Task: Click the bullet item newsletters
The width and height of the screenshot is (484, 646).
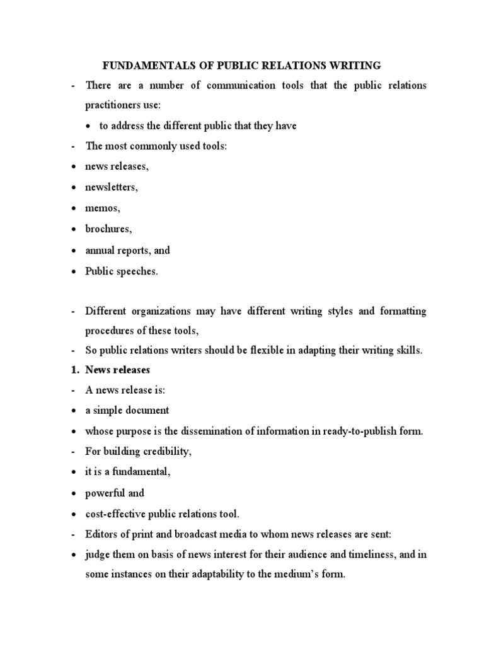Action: [111, 187]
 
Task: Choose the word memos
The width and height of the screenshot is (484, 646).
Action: [102, 208]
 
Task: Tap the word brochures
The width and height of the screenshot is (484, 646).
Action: [108, 228]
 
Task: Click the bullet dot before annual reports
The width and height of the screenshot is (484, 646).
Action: [74, 250]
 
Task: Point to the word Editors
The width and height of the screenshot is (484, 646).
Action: [101, 534]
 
